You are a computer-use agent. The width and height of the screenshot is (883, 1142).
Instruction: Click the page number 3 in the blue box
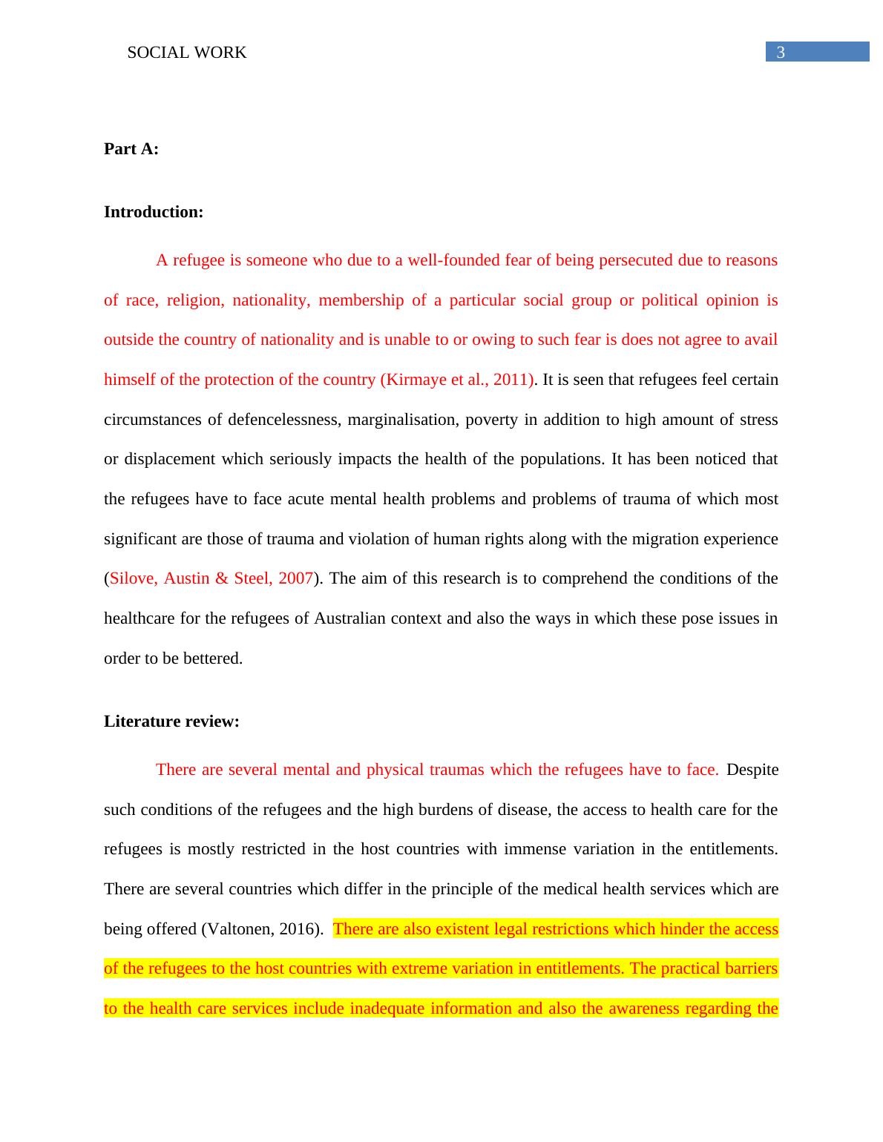(x=780, y=53)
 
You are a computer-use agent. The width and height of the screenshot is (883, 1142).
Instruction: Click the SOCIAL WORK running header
(x=187, y=53)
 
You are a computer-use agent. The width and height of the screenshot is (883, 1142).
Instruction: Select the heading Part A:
(x=131, y=149)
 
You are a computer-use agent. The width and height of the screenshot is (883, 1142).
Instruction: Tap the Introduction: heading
(x=154, y=212)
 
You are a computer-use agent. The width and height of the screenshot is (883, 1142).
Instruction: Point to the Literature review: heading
(x=171, y=722)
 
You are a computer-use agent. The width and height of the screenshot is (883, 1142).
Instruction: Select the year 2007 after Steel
(x=295, y=578)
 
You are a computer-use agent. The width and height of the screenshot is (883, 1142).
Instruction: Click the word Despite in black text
(x=752, y=770)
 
